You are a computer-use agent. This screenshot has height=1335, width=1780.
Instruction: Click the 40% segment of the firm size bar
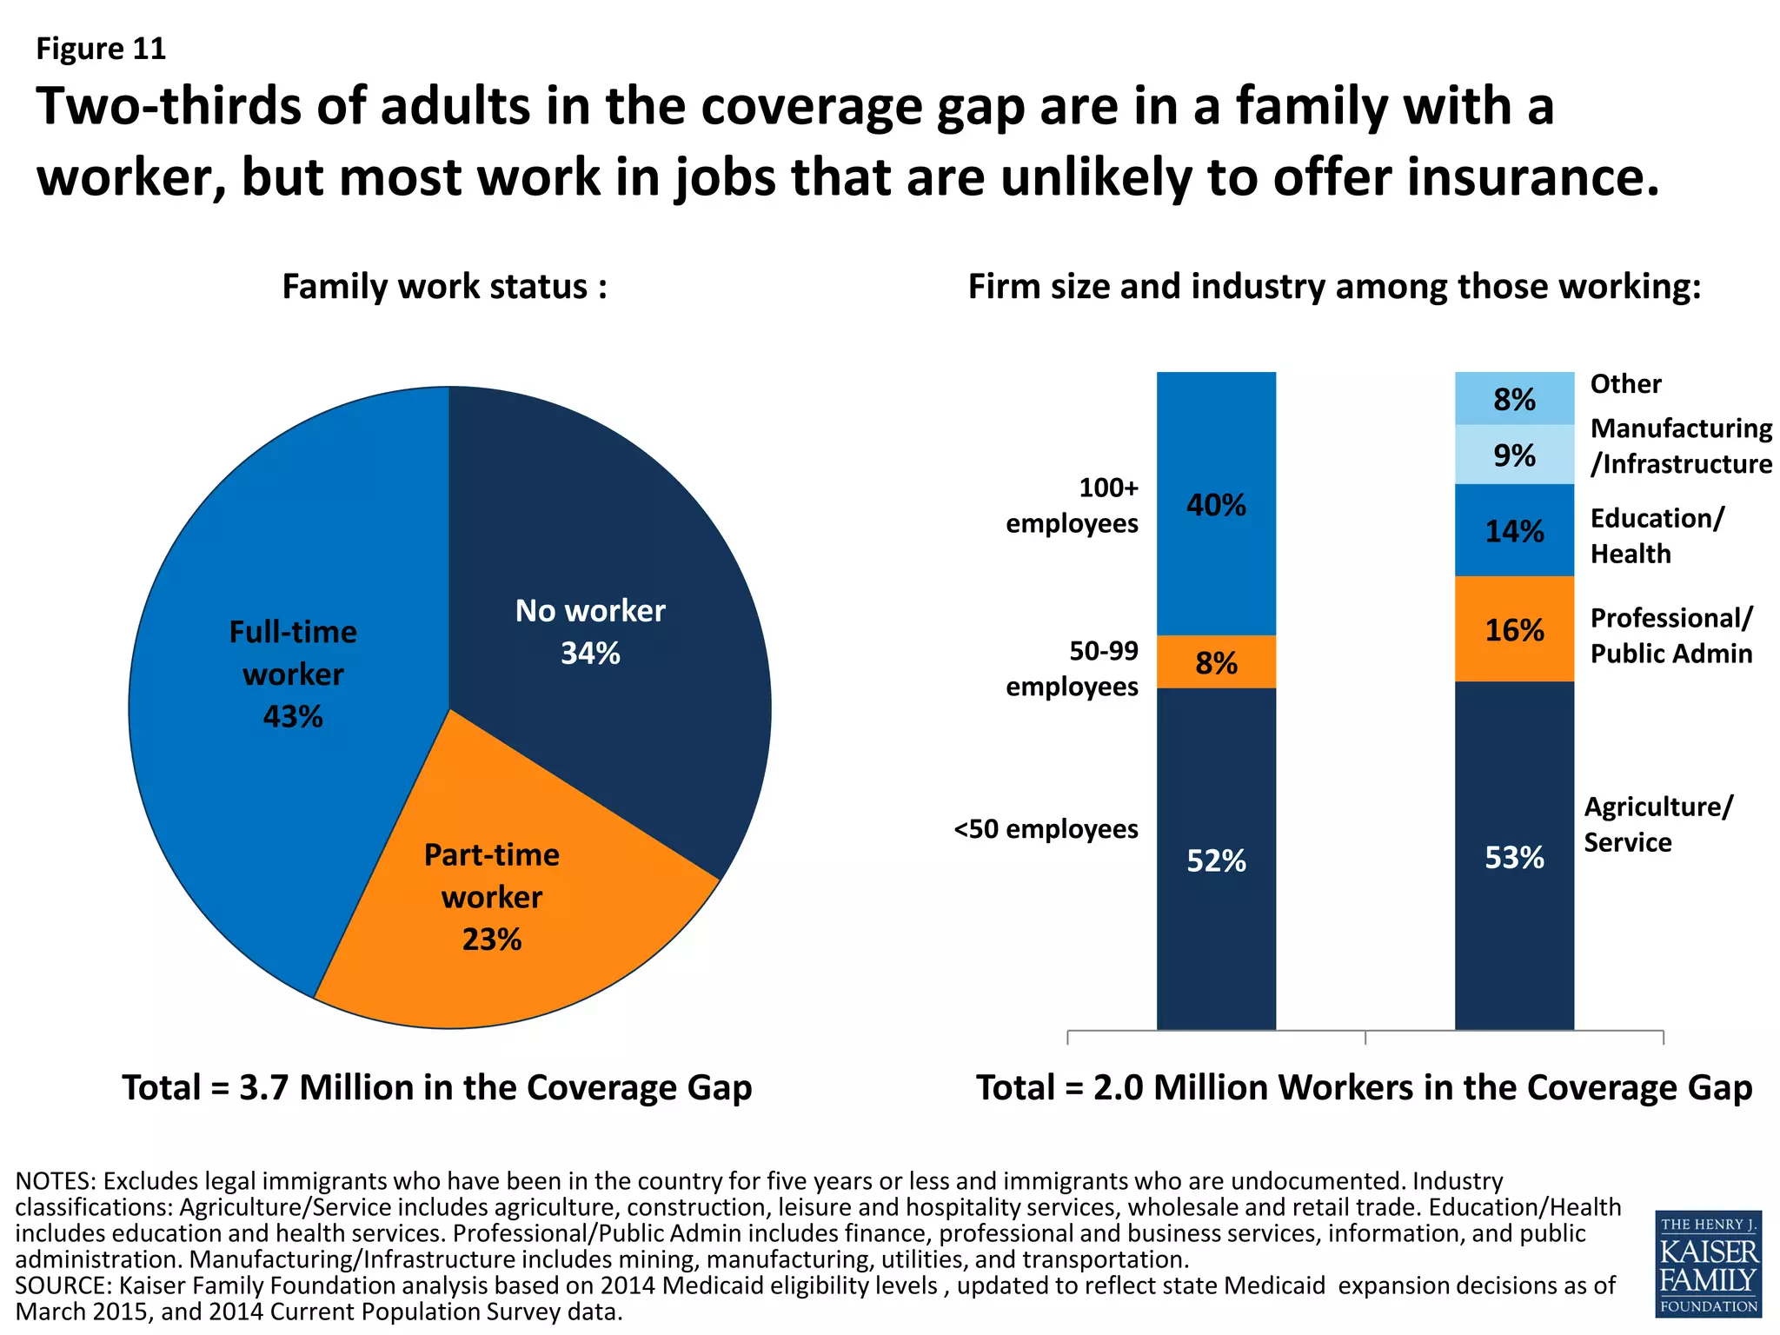pos(1216,504)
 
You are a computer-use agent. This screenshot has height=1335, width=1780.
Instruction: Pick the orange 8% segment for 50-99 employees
pos(1216,662)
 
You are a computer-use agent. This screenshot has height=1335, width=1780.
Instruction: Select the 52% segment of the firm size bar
pos(1216,860)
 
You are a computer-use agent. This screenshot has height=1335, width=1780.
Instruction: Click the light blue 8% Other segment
pos(1514,398)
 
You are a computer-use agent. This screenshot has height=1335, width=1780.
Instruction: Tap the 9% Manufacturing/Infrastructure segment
pos(1514,455)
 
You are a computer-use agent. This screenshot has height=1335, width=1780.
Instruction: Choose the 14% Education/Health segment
pos(1514,530)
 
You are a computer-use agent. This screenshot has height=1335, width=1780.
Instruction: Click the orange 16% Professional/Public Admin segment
pos(1514,629)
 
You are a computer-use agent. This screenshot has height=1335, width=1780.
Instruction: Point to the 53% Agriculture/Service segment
pos(1514,856)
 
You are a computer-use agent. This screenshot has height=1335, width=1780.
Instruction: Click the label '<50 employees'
pos(1046,829)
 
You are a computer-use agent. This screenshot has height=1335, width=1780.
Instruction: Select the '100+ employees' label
pos(1073,505)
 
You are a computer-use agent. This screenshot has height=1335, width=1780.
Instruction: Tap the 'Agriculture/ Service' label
pos(1657,824)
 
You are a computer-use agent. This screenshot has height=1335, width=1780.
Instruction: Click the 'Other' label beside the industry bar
pos(1625,383)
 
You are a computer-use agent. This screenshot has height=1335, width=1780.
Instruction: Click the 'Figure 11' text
pos(101,49)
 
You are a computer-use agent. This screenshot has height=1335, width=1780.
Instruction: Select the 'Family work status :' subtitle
pos(444,287)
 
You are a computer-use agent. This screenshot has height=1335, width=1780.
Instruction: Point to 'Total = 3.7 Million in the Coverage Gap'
pos(437,1087)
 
